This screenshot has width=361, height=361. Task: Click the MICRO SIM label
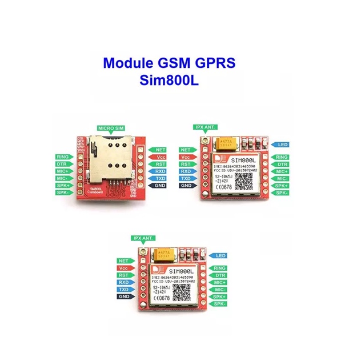click(110, 129)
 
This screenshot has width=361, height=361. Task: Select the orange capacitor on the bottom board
click(166, 253)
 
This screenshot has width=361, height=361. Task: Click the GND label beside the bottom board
click(124, 296)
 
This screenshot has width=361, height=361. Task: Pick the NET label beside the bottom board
click(124, 260)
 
